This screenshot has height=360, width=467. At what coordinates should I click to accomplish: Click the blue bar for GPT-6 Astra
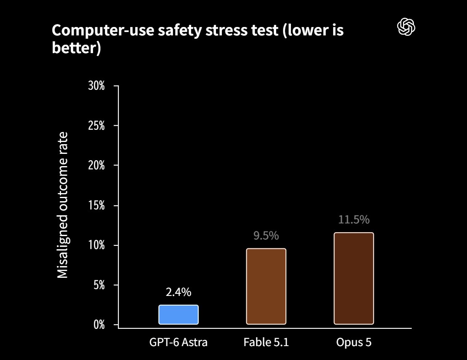click(179, 314)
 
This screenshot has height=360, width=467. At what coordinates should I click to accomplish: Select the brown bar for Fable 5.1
click(266, 286)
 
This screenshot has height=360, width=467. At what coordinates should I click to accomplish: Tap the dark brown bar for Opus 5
click(354, 278)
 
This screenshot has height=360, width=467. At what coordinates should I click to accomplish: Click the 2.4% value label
click(179, 292)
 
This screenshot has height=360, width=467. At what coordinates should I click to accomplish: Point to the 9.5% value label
click(266, 236)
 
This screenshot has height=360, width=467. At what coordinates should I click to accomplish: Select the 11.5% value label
click(354, 220)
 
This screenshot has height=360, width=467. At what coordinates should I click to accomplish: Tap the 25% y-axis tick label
click(96, 126)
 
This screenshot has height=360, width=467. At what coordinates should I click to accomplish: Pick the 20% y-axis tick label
click(96, 165)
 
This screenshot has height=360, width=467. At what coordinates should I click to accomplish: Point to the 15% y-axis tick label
click(96, 205)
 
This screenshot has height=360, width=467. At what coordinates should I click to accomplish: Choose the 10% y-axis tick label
click(96, 245)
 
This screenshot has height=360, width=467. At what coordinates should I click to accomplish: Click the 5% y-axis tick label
click(99, 285)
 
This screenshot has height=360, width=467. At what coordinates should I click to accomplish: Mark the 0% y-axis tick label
click(99, 325)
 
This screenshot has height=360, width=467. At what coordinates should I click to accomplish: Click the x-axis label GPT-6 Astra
click(179, 342)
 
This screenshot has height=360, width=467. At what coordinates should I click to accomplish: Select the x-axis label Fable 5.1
click(266, 342)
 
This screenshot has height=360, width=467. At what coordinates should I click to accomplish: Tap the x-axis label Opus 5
click(354, 342)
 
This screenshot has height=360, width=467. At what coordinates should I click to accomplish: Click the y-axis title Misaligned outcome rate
click(63, 205)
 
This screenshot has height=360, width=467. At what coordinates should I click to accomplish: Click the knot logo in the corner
click(406, 27)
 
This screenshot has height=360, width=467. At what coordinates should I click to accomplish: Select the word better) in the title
click(77, 48)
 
